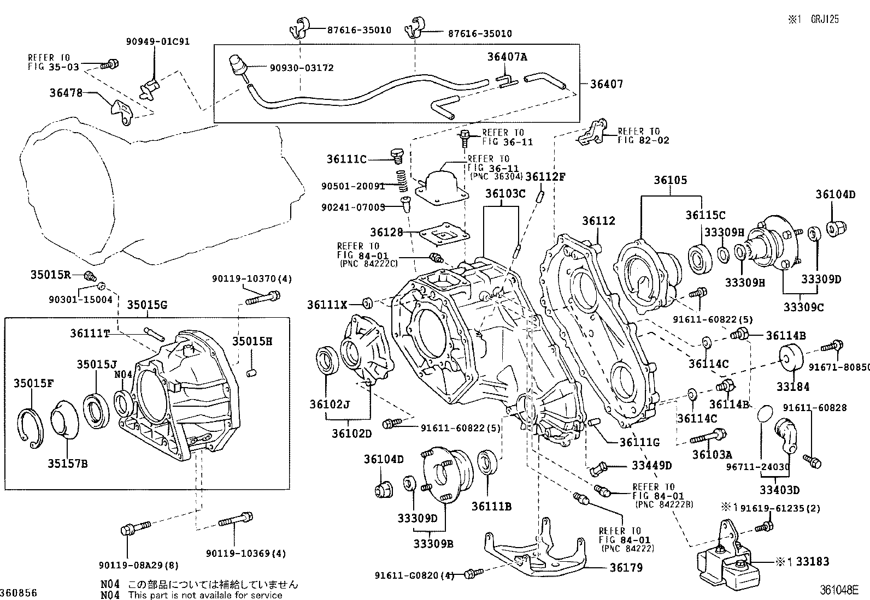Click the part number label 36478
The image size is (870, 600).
click(x=66, y=93)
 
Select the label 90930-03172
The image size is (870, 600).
click(x=302, y=68)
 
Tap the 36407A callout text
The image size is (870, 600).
click(x=507, y=57)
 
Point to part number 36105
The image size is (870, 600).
click(x=670, y=180)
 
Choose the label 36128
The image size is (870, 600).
click(x=386, y=233)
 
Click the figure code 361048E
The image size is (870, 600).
click(x=838, y=590)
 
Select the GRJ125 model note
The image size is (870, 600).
click(x=825, y=19)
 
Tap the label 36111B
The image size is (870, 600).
click(x=491, y=507)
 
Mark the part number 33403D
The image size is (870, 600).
click(x=779, y=490)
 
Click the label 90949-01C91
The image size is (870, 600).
click(x=158, y=41)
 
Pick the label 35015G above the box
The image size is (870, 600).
click(x=148, y=305)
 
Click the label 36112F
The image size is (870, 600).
click(x=545, y=176)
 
